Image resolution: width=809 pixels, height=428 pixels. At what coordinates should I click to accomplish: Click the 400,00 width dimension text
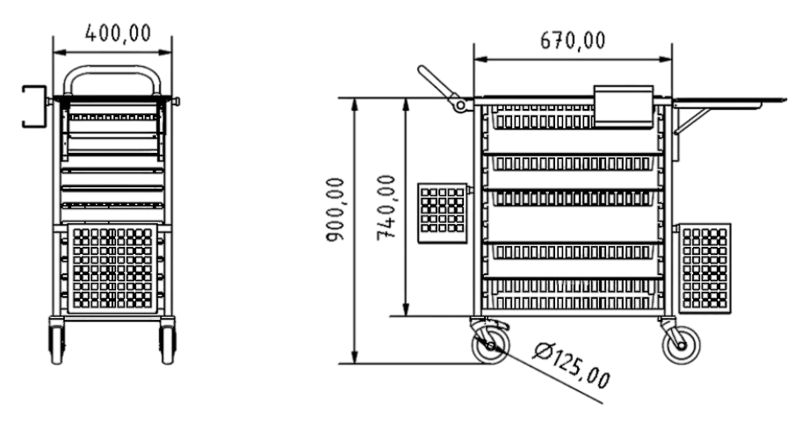point(118,33)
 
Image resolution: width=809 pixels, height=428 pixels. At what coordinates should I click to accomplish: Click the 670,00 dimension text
point(572,40)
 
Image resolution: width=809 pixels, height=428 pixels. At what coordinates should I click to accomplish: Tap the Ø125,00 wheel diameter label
point(572,366)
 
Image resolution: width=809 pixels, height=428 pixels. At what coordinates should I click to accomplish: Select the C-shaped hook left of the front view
point(35,106)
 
